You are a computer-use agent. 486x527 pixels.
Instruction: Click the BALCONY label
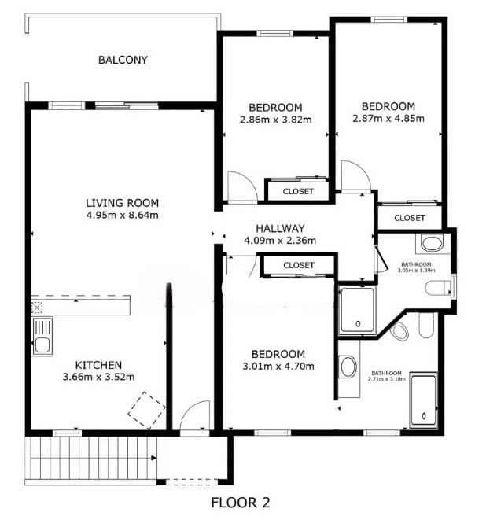tap(123, 60)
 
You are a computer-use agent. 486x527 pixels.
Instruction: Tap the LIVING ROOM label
tap(123, 203)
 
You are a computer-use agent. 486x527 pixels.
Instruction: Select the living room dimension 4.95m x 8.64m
tap(123, 215)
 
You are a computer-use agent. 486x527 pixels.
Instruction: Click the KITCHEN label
tap(98, 365)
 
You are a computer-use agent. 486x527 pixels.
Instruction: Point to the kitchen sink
tap(42, 336)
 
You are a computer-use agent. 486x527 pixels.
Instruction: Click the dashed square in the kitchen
tap(146, 411)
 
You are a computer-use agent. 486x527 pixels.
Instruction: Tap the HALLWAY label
tap(280, 229)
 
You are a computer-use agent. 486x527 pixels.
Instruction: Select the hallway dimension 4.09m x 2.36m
tap(280, 241)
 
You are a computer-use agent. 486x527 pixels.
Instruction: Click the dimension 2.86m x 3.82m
tap(275, 120)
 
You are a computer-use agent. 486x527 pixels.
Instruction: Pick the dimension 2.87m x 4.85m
tap(388, 119)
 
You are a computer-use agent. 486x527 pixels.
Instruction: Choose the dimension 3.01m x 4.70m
tap(278, 366)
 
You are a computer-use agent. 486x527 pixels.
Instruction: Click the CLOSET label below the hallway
tap(299, 265)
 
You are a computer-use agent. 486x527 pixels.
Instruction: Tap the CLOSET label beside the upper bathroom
tap(410, 218)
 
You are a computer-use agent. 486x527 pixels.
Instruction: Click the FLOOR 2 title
tap(241, 503)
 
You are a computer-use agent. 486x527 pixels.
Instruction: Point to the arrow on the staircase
tap(153, 458)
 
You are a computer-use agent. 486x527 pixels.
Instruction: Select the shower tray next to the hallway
tap(357, 310)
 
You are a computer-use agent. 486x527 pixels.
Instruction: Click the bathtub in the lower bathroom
tap(424, 400)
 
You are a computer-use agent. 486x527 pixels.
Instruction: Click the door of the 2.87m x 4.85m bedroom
tap(355, 175)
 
